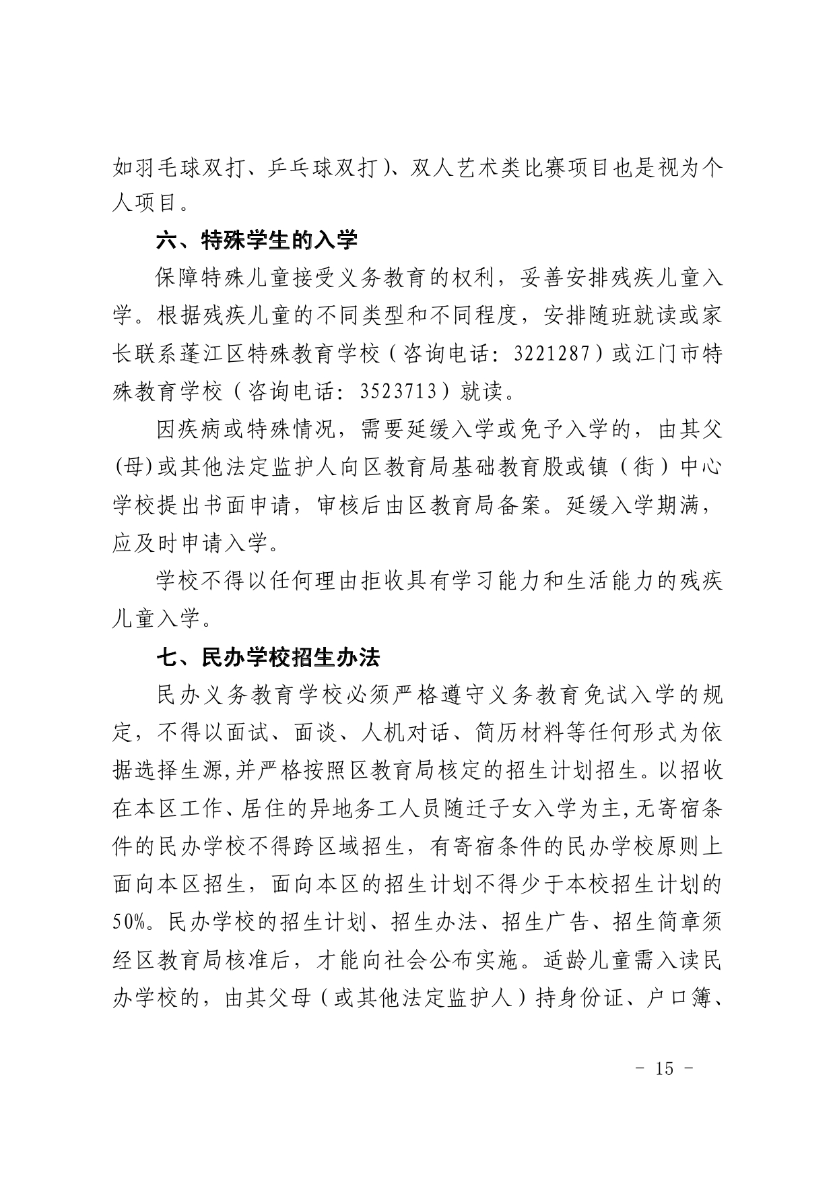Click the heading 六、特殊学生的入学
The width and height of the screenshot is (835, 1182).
[257, 240]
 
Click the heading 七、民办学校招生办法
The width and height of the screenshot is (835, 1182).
[268, 657]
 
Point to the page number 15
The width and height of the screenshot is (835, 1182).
[663, 1068]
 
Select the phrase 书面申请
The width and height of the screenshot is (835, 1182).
[260, 505]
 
